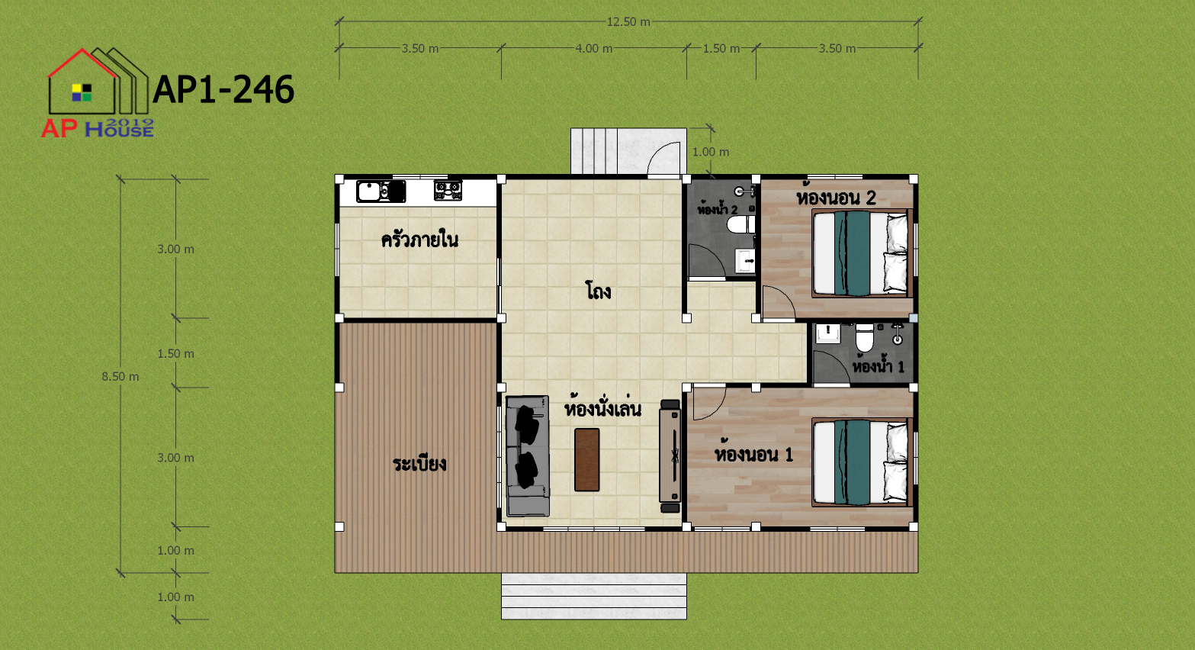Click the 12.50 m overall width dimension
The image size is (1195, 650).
628,22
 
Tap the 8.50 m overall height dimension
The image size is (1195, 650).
120,377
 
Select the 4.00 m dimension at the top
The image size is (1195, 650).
594,49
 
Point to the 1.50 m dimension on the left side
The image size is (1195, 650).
175,354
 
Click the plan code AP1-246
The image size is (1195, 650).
223,89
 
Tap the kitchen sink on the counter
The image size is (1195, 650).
381,191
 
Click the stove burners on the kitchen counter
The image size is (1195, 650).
448,191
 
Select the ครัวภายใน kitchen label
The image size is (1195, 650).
420,240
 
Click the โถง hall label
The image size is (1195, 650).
598,291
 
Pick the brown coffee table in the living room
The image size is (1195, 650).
587,459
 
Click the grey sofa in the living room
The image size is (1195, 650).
528,455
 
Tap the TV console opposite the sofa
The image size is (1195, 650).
670,456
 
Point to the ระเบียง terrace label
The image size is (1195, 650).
419,464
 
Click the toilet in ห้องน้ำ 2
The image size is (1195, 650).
741,224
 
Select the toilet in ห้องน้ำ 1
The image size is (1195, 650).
864,338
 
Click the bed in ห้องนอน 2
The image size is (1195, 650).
860,253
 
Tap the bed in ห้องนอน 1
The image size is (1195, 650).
860,462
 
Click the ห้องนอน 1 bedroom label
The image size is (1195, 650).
753,454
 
